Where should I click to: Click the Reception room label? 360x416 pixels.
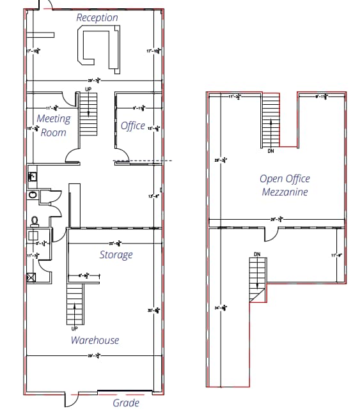[x=97, y=18]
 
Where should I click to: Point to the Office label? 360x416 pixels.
[x=133, y=126]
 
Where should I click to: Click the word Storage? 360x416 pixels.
[x=116, y=255]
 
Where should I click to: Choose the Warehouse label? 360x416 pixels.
[x=95, y=340]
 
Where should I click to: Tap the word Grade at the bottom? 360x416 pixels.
[x=126, y=403]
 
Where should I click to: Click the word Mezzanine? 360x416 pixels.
[x=285, y=192]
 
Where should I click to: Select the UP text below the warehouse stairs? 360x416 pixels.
[x=75, y=328]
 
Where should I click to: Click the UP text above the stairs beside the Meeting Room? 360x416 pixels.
[x=88, y=89]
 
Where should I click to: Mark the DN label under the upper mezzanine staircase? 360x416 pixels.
[x=271, y=151]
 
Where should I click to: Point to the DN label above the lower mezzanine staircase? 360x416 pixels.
[x=257, y=254]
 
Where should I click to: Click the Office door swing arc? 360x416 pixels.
[x=122, y=155]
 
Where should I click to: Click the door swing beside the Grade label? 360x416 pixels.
[x=70, y=399]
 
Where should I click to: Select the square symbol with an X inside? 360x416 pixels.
[x=31, y=278]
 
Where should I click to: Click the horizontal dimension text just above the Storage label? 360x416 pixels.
[x=116, y=243]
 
